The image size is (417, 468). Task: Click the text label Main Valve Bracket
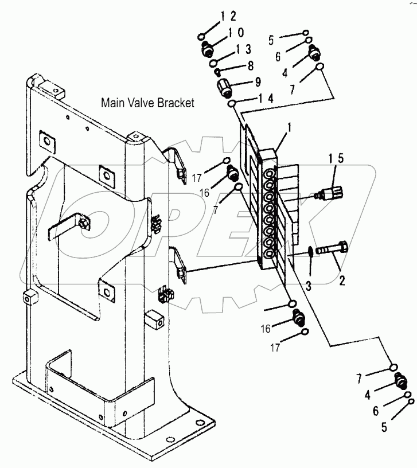coord(147,103)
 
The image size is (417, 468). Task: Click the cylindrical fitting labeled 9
coord(224,88)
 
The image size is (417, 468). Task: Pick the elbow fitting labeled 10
coord(208,49)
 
